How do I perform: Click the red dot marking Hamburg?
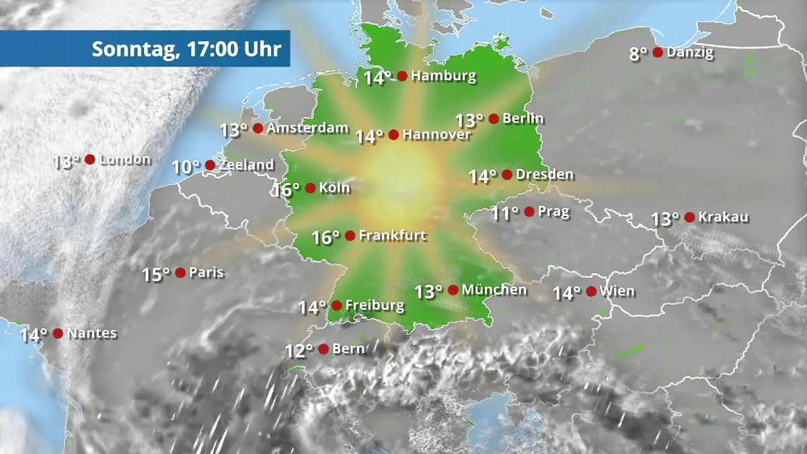pyautogui.click(x=402, y=76)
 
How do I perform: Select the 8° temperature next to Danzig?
pyautogui.click(x=638, y=54)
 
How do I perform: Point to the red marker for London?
pyautogui.click(x=89, y=159)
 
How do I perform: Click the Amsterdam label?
pyautogui.click(x=308, y=128)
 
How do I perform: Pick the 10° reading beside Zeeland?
pyautogui.click(x=186, y=167)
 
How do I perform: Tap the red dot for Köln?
pyautogui.click(x=310, y=188)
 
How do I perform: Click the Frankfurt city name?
pyautogui.click(x=393, y=236)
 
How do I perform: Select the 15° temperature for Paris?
pyautogui.click(x=156, y=274)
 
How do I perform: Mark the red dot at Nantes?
pyautogui.click(x=58, y=333)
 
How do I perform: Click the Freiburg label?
pyautogui.click(x=375, y=306)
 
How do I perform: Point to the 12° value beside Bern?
pyautogui.click(x=299, y=351)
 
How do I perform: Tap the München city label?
pyautogui.click(x=494, y=290)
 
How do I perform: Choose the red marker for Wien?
pyautogui.click(x=591, y=291)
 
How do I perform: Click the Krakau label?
pyautogui.click(x=724, y=217)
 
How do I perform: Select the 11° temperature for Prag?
pyautogui.click(x=505, y=214)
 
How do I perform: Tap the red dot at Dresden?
pyautogui.click(x=507, y=175)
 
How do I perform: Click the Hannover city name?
pyautogui.click(x=437, y=135)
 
